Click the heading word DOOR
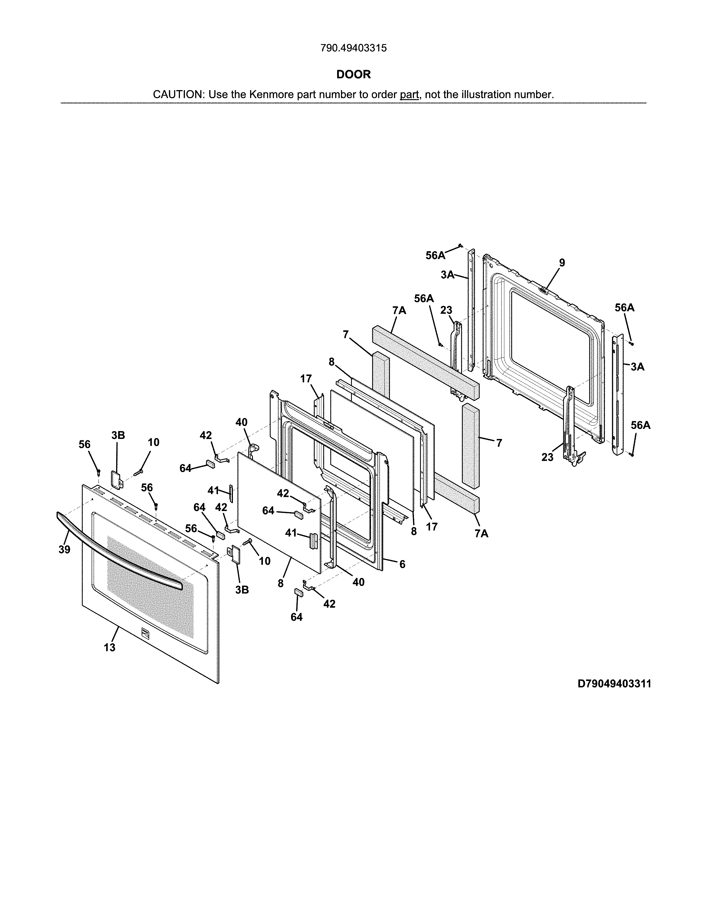tap(354, 75)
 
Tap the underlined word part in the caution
tap(409, 95)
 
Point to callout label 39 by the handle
tap(64, 550)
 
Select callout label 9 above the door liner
tap(562, 263)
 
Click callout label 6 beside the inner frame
tap(402, 564)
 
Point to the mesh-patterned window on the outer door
tap(151, 586)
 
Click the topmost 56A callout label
tap(435, 256)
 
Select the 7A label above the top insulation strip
tap(399, 311)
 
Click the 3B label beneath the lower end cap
tap(242, 590)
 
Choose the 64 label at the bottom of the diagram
tap(297, 617)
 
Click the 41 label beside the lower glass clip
tap(291, 533)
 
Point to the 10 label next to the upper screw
tap(153, 443)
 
